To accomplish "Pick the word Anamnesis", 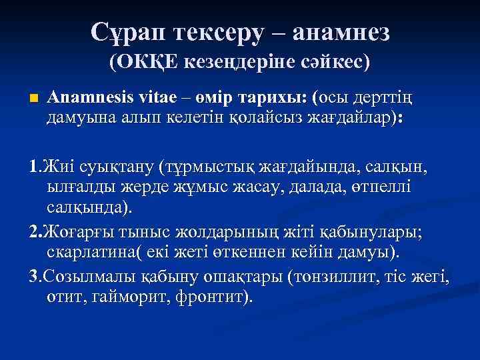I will [88, 97].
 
